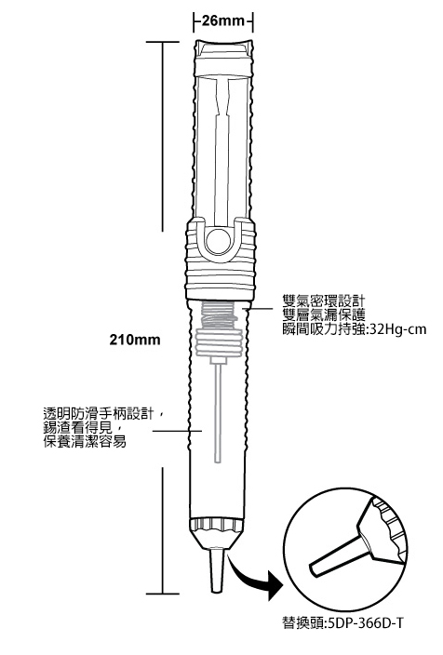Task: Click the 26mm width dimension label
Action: point(223,20)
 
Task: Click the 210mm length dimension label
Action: point(135,340)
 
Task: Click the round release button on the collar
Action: point(218,242)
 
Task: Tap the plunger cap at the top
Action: point(223,58)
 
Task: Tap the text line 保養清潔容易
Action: point(85,442)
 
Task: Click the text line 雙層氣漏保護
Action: point(324,315)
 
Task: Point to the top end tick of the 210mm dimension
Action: point(162,42)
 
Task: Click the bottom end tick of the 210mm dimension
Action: point(162,594)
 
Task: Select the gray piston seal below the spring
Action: point(219,342)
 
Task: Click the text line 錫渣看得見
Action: point(78,427)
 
